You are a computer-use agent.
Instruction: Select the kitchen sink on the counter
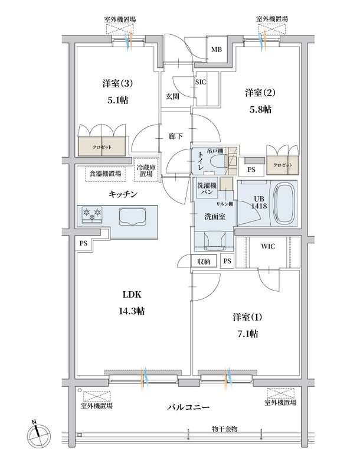coord(132,216)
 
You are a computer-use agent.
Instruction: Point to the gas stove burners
coord(92,214)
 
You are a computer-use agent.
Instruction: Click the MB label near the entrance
coord(216,50)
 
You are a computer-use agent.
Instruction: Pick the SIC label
coord(201,82)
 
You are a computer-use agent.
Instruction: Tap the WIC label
coord(268,246)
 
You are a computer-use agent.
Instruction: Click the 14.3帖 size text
coord(132,311)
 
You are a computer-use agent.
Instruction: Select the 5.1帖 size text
coord(117,100)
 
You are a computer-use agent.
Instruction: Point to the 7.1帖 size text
coord(247,334)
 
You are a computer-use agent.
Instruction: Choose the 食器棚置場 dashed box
coord(105,174)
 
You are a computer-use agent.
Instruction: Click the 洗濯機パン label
coord(207,188)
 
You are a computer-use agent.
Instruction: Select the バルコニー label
coord(189,407)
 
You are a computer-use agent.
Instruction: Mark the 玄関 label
coord(172,97)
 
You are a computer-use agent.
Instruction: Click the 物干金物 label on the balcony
coord(224,429)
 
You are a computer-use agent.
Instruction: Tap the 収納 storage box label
coord(204,261)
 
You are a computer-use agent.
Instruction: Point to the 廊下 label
coord(176,136)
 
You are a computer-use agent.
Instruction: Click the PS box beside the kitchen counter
coord(84,243)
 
